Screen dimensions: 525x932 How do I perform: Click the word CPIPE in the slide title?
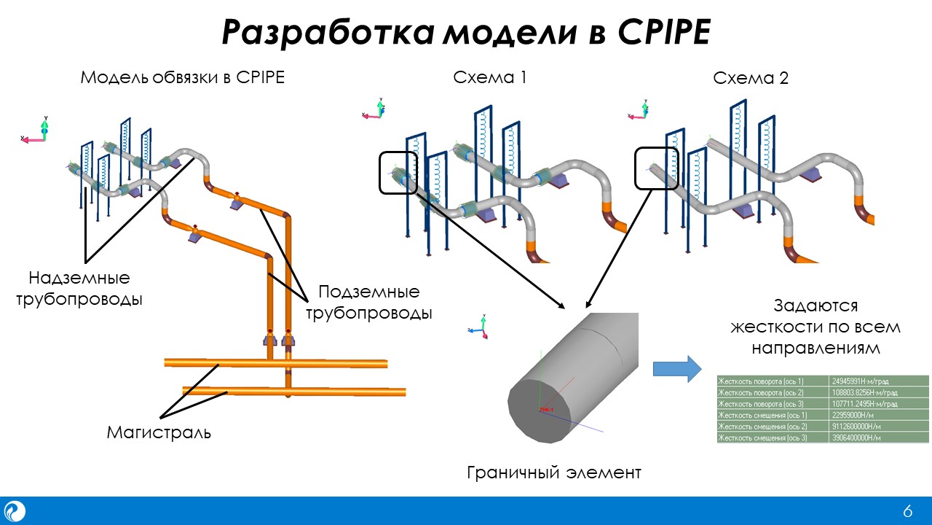(663, 33)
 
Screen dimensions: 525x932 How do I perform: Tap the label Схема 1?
(489, 77)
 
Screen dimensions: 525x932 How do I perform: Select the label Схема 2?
(751, 77)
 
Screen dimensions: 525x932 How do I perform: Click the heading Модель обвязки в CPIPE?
(182, 77)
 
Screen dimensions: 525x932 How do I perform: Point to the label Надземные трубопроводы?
(79, 288)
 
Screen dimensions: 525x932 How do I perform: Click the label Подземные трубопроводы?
(368, 303)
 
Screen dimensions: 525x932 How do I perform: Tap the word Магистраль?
(159, 432)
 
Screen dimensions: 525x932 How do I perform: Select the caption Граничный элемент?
(553, 472)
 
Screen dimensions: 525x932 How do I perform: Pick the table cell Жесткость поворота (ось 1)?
(773, 381)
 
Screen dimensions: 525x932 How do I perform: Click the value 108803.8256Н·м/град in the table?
(879, 392)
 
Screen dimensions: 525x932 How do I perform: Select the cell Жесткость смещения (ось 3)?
(773, 437)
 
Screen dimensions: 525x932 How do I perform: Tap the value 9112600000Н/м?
(879, 427)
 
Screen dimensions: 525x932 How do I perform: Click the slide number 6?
(907, 511)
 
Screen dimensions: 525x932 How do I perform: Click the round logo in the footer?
(15, 510)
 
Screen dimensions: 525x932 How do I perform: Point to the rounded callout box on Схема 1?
(398, 173)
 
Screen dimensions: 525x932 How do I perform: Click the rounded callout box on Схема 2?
(656, 168)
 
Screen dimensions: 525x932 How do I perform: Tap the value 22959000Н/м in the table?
(879, 415)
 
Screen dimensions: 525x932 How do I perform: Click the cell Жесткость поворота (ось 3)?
(773, 403)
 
